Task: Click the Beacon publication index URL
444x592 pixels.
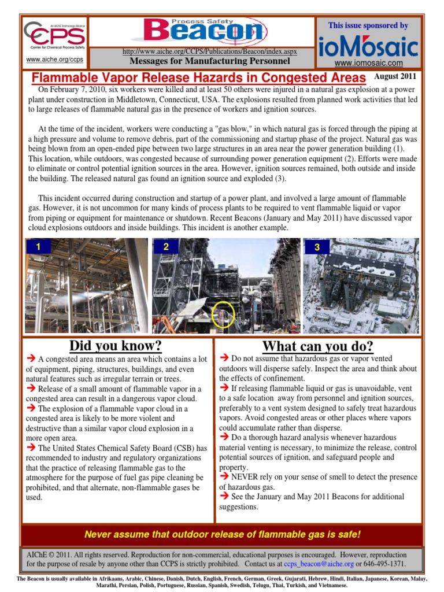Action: [210, 51]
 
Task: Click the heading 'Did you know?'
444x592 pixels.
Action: [115, 346]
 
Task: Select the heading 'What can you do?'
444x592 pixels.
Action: [317, 346]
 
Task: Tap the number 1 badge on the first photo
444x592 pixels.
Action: [38, 247]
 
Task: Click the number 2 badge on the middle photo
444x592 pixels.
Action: [166, 247]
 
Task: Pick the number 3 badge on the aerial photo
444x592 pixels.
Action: [317, 247]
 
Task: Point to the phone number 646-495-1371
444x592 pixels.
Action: [385, 564]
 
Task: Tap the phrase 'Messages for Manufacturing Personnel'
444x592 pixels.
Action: [209, 61]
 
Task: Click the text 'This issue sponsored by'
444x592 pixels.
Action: [368, 25]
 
